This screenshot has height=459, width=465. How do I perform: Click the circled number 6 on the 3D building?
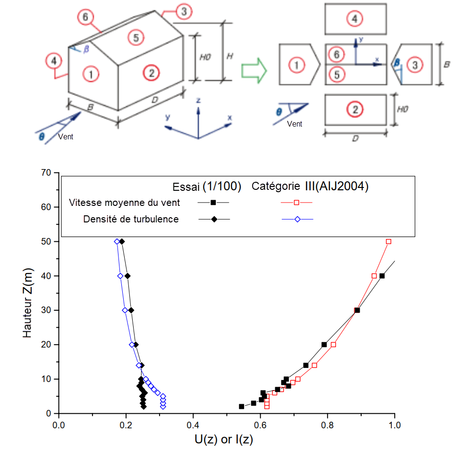click(x=85, y=17)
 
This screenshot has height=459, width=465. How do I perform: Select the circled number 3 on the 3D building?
click(x=184, y=12)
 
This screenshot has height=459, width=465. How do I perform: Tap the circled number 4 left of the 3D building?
click(x=54, y=61)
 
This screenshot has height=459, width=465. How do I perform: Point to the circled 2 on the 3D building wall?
click(x=151, y=73)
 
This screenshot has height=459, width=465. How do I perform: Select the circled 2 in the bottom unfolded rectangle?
click(x=355, y=110)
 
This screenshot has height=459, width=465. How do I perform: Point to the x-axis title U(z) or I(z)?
click(x=224, y=440)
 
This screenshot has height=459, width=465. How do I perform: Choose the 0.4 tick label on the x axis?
click(x=192, y=425)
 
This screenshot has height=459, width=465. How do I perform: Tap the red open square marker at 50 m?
click(x=389, y=241)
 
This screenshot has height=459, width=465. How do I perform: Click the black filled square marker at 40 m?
click(x=382, y=276)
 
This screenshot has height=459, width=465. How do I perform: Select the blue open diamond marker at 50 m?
click(x=117, y=241)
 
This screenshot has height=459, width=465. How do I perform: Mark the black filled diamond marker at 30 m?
click(x=131, y=310)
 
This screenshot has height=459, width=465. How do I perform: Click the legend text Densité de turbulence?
click(x=131, y=219)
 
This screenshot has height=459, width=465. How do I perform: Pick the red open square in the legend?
click(x=297, y=203)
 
